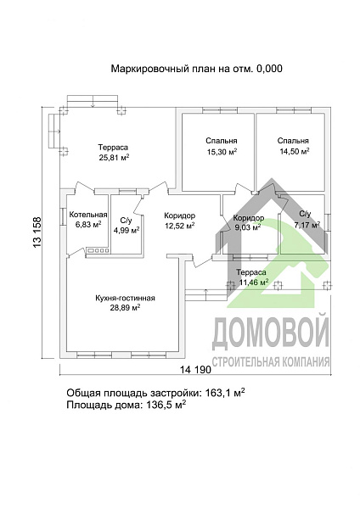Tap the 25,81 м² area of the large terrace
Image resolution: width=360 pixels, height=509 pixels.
(114, 158)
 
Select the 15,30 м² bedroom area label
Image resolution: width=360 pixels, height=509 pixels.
(221, 152)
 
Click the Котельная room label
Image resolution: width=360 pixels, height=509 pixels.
(88, 215)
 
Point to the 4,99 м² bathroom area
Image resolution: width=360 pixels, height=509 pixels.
(125, 230)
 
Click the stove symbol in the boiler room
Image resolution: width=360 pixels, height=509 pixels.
(96, 249)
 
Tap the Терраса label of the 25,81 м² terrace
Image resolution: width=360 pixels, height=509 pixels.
(113, 147)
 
